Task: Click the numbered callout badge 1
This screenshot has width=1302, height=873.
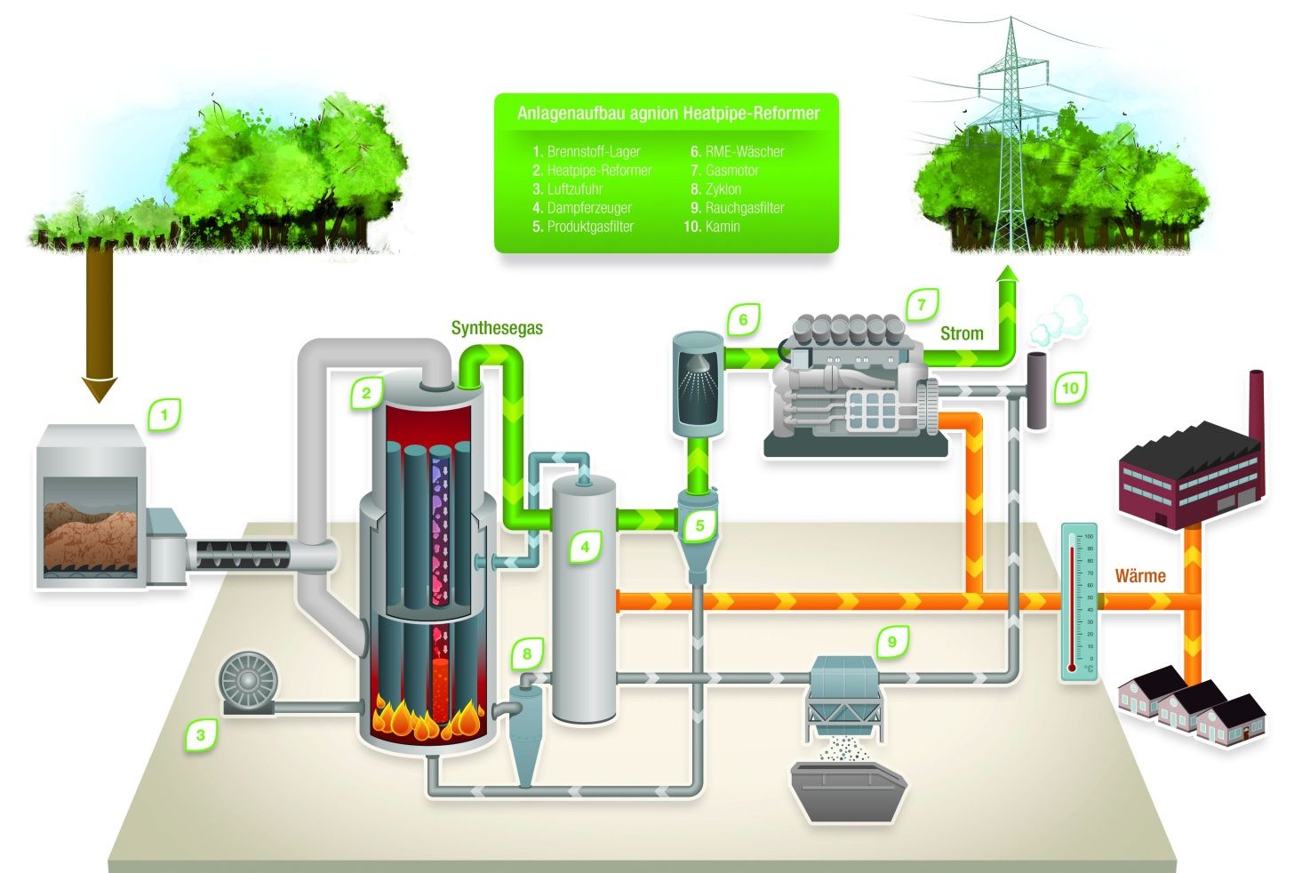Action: [x=164, y=413]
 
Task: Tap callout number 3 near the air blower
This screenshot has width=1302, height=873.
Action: [x=201, y=734]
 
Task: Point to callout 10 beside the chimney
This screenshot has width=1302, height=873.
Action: [x=1070, y=388]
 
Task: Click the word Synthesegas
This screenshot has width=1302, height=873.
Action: [x=497, y=328]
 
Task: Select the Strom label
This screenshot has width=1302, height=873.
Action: [x=962, y=333]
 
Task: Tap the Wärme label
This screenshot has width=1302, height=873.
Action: [x=1140, y=576]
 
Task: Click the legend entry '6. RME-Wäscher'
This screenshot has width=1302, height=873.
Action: [x=738, y=151]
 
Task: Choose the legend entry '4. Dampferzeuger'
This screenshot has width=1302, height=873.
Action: [x=582, y=207]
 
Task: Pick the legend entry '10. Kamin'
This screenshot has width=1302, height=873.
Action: [x=711, y=227]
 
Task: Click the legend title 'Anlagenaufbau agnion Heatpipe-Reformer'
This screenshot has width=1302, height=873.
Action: [x=667, y=114]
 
